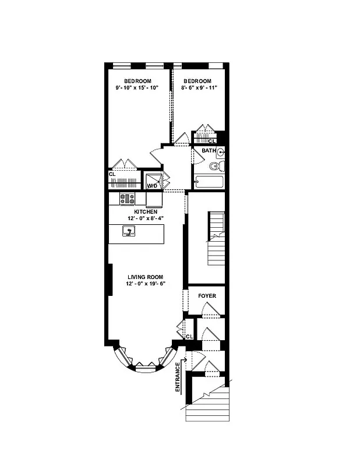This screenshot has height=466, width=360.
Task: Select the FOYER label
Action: click(207, 296)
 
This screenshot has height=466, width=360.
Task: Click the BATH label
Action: click(209, 150)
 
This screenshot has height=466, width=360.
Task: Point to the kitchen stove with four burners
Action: click(127, 199)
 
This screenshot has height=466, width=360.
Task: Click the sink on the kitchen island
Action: click(129, 232)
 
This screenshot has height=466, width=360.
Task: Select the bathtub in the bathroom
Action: click(209, 182)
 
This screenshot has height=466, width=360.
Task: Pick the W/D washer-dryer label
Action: click(152, 186)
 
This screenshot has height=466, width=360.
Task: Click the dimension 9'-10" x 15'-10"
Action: click(137, 89)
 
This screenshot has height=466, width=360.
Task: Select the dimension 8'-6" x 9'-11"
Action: click(197, 89)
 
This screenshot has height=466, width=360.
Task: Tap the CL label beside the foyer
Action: click(189, 337)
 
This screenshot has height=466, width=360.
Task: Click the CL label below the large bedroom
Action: click(112, 174)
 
